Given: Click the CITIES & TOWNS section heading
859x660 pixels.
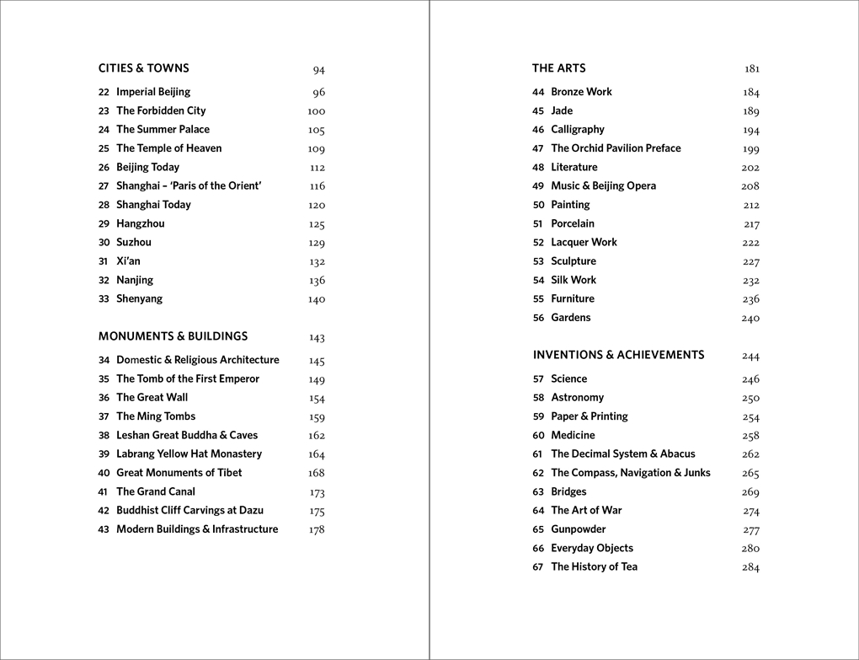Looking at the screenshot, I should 143,68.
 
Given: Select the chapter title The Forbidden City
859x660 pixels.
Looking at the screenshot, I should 161,110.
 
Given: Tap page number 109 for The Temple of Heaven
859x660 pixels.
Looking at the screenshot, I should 316,149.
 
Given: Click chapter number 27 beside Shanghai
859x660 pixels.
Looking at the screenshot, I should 104,186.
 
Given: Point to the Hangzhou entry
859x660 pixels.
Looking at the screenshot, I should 140,223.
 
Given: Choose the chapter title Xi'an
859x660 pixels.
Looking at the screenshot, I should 128,261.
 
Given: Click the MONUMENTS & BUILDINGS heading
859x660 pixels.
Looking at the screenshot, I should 173,336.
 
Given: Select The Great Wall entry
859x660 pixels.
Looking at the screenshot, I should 152,398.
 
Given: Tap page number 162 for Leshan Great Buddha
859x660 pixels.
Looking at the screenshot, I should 316,436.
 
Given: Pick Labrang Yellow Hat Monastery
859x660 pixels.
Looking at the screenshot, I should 189,454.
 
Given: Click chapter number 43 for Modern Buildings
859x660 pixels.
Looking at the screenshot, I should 104,530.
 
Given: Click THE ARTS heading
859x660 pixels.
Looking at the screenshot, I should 558,68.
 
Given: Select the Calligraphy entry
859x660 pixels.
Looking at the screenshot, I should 577,130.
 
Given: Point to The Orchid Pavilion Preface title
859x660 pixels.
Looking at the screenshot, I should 616,148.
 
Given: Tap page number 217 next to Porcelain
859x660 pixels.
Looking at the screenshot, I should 751,224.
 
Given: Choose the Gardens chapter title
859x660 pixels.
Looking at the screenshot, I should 570,318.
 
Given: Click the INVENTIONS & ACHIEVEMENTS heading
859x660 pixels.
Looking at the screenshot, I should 618,355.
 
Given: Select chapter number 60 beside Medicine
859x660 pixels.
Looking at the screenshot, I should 538,436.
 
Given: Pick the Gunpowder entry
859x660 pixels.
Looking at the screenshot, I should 578,529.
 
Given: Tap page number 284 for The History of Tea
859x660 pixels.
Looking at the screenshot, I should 750,567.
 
